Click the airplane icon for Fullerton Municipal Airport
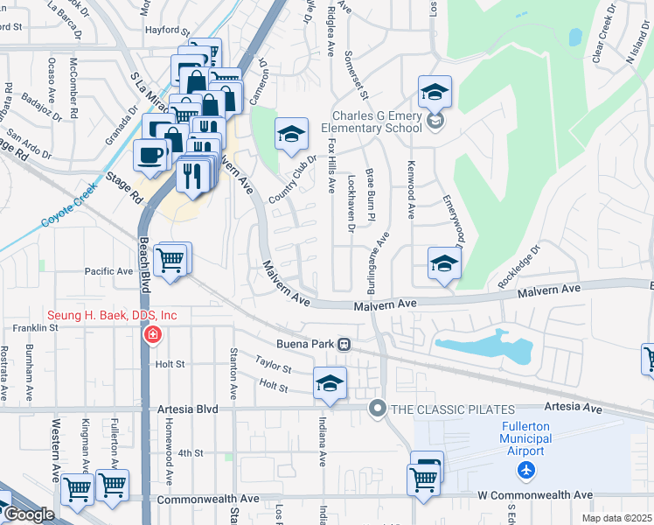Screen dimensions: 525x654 point(525,471)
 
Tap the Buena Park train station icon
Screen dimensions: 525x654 point(345,344)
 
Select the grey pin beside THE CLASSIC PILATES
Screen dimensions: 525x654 point(378,408)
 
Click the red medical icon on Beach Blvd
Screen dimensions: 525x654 point(153,334)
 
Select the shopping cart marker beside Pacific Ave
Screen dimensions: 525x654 point(170,258)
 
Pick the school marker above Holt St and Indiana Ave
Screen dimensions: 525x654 point(330,382)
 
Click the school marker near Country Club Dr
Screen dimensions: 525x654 point(292,134)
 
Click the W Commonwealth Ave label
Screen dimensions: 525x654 point(525,496)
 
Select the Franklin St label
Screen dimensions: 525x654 point(34,328)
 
